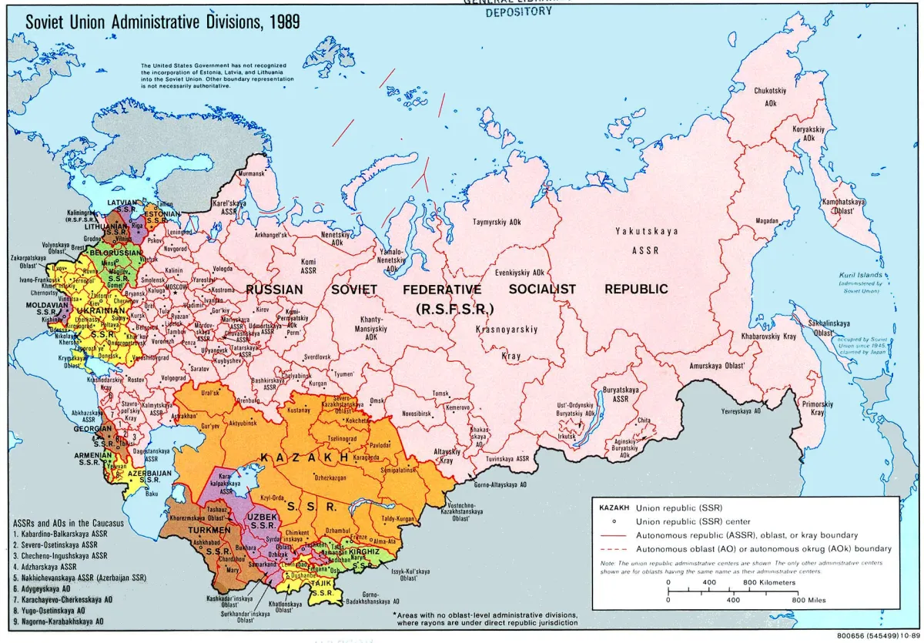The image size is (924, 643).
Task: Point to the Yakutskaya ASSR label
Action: point(644,239)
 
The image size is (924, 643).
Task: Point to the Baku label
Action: point(151,493)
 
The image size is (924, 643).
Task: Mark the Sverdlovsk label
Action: point(316,357)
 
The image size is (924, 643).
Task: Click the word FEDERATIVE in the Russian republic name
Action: point(442,290)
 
